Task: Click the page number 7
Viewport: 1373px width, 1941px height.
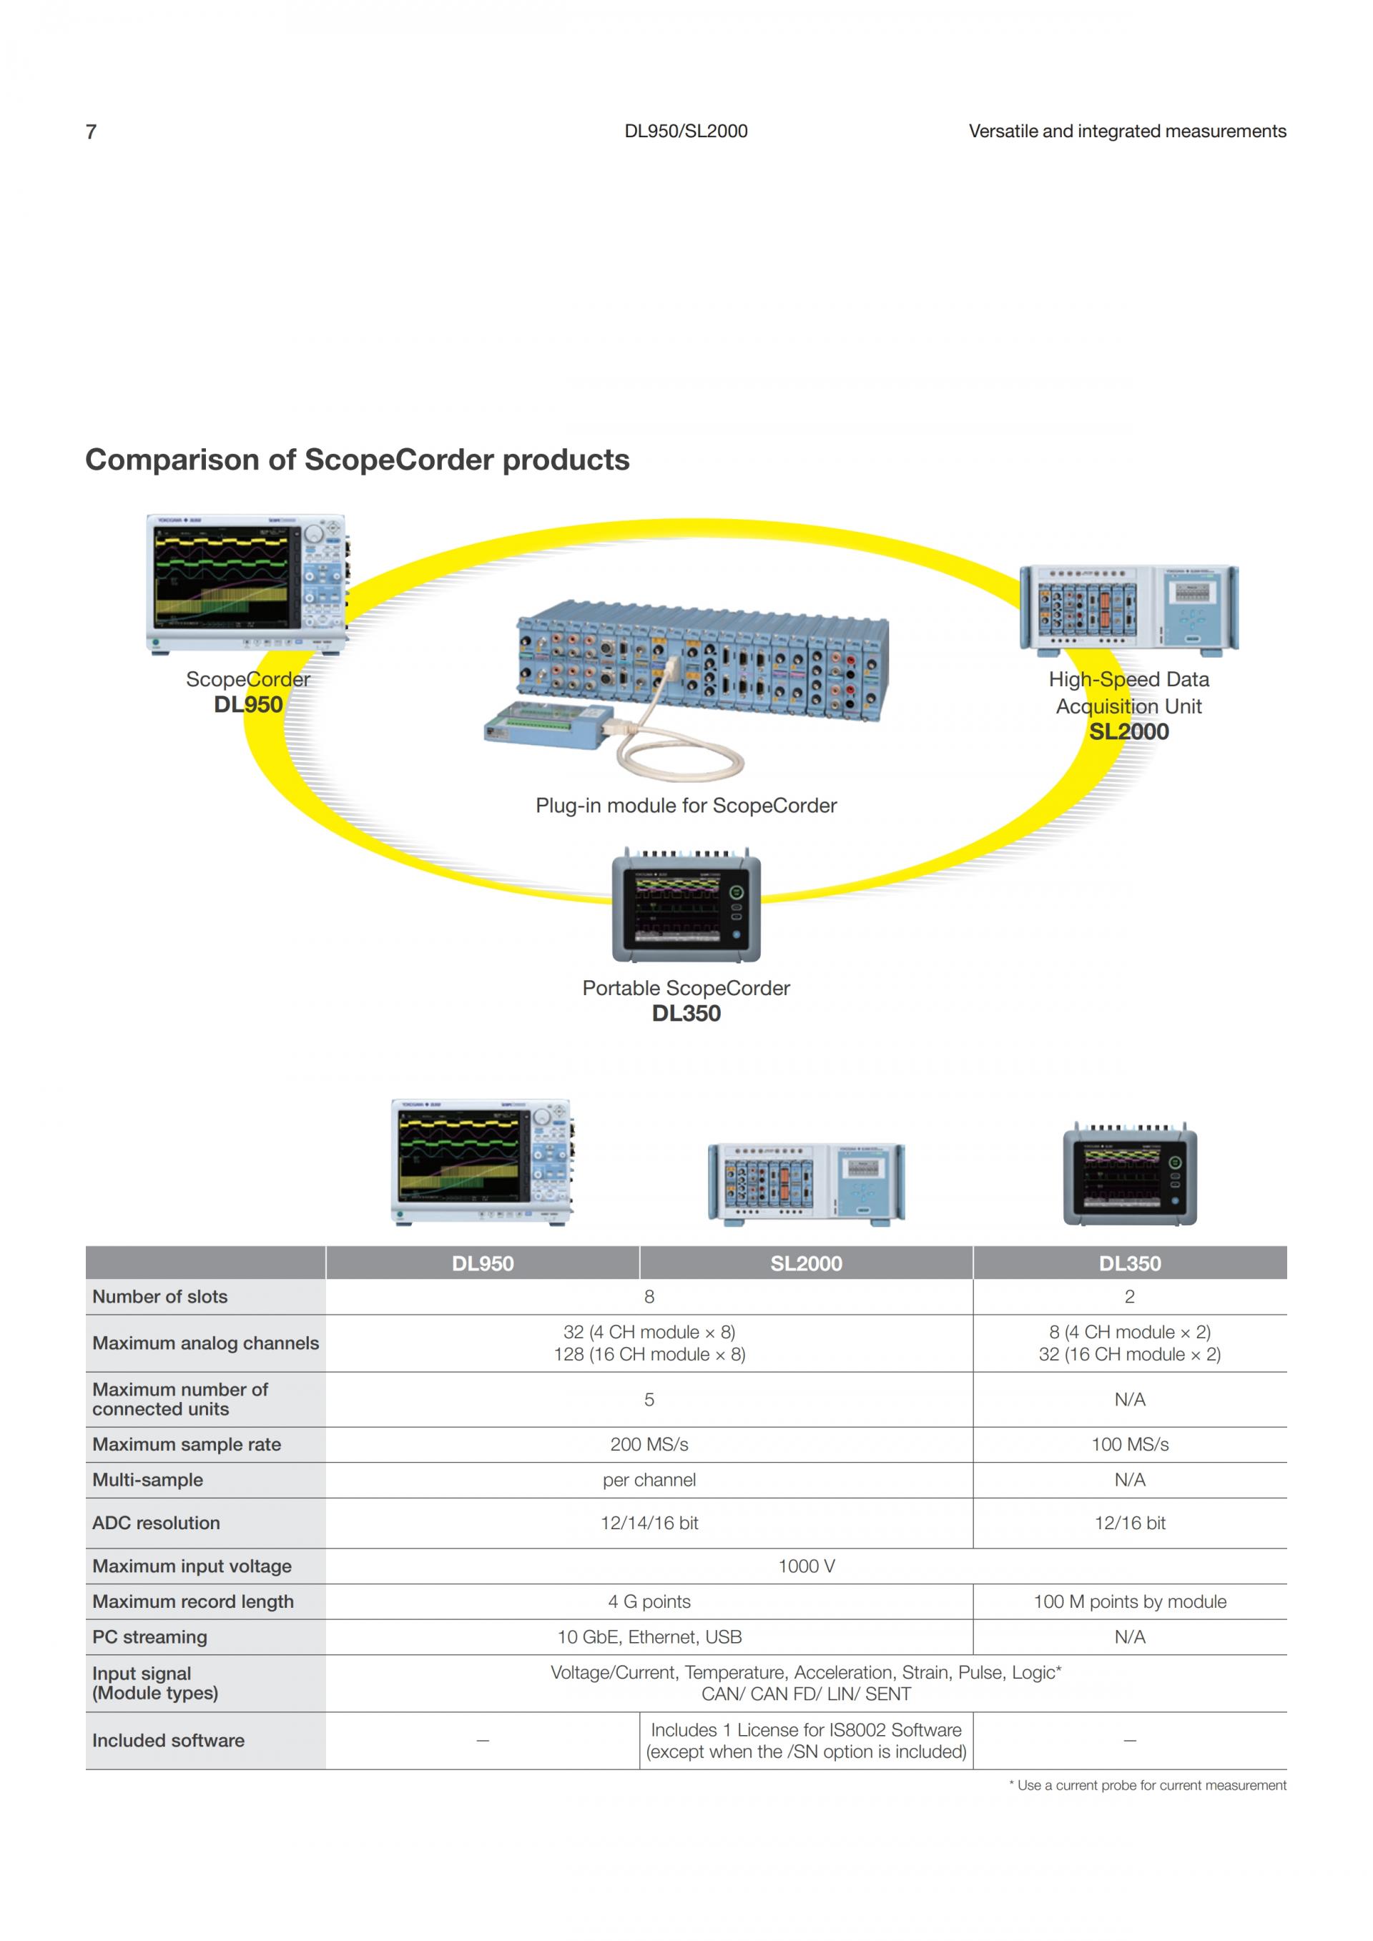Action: [x=92, y=132]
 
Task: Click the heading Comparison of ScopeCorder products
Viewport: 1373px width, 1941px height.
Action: [x=358, y=460]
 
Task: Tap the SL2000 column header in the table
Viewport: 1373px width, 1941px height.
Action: [x=806, y=1263]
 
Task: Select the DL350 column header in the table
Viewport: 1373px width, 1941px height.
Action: [x=1130, y=1263]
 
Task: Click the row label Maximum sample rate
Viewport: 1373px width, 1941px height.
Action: [x=187, y=1444]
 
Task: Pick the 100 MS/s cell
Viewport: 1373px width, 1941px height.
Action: [x=1130, y=1444]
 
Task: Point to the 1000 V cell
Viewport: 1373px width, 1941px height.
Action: [x=807, y=1566]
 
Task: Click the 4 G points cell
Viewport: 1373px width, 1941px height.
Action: [x=649, y=1601]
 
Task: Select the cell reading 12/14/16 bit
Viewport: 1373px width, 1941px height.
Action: [x=649, y=1523]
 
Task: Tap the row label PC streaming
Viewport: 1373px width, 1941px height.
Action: [x=149, y=1636]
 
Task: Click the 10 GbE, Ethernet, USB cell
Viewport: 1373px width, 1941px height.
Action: [x=649, y=1636]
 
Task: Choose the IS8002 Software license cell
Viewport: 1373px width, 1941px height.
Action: [x=806, y=1741]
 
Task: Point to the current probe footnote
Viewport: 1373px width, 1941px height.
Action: [x=1147, y=1785]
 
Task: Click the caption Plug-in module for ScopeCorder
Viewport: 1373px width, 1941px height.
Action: [x=686, y=805]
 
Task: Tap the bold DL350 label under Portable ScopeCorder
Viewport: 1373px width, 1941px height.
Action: [x=686, y=1014]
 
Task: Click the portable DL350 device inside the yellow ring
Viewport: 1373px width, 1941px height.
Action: [x=686, y=904]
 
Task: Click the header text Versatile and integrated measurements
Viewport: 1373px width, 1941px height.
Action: [x=1127, y=131]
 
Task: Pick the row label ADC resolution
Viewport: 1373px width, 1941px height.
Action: [x=157, y=1523]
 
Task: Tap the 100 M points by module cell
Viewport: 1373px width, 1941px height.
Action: [x=1130, y=1601]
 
